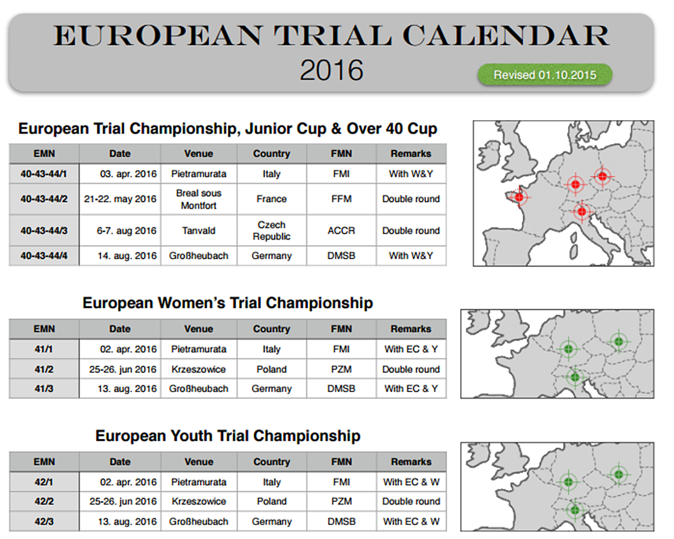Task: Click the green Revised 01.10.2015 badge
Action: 545,75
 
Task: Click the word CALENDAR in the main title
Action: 505,36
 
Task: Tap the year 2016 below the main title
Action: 331,70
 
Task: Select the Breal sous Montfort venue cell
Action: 199,200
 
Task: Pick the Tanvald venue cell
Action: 199,231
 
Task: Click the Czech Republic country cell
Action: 271,231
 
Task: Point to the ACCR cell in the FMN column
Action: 341,231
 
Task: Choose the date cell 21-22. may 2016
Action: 120,199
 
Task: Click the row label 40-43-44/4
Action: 44,256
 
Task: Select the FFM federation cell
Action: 341,199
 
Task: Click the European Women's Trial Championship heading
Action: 228,303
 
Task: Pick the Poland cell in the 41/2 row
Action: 271,369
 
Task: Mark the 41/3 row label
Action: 44,388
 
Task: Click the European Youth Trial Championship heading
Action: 228,436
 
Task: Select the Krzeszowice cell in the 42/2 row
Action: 199,501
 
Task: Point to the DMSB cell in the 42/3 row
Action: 341,521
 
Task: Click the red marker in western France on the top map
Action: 519,197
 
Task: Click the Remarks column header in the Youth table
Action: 411,462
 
